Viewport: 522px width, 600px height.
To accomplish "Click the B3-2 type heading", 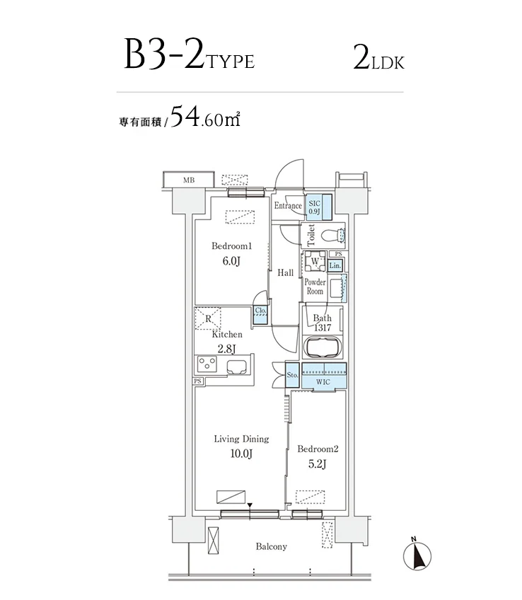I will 188,56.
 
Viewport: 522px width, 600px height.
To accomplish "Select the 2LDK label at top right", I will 378,57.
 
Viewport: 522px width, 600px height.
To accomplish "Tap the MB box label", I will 188,180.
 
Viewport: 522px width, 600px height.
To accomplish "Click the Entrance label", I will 288,206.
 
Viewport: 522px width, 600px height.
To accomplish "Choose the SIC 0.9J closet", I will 315,206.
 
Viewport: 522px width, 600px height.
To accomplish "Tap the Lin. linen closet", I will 335,265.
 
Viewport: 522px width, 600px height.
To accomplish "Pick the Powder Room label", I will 315,287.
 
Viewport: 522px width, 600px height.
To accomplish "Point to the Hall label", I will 286,272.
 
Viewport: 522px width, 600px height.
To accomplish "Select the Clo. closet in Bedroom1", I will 260,314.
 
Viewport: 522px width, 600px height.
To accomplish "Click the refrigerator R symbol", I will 209,318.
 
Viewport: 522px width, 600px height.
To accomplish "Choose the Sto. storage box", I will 292,375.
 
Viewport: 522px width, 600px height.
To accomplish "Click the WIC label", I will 323,382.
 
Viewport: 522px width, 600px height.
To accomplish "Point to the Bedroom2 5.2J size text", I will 318,464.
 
